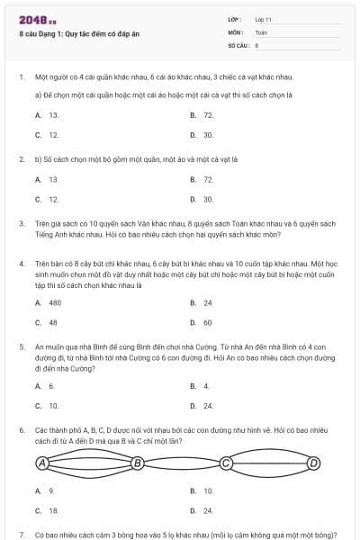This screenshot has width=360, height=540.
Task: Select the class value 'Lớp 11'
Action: coord(264,19)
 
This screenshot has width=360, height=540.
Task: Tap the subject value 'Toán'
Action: coord(261,31)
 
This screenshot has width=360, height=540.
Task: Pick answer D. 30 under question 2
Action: coord(202,199)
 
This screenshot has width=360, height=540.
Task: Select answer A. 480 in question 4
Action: coord(49,303)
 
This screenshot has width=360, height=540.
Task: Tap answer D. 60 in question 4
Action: coord(202,322)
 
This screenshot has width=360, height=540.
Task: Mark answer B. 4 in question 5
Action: coord(200,386)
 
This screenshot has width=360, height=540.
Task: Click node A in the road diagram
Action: coord(41,463)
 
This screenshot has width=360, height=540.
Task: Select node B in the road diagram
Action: coord(138,463)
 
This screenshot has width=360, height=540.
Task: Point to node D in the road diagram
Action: coord(314,463)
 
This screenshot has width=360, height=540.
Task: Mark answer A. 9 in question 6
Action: coord(46,491)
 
